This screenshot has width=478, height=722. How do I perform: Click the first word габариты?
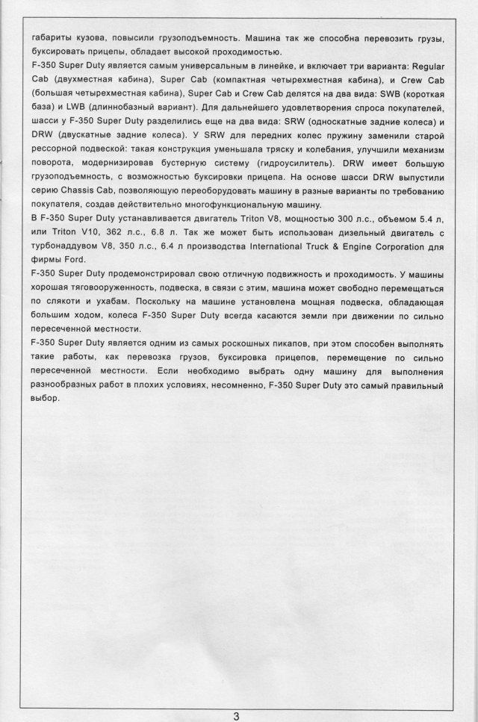coord(53,37)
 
